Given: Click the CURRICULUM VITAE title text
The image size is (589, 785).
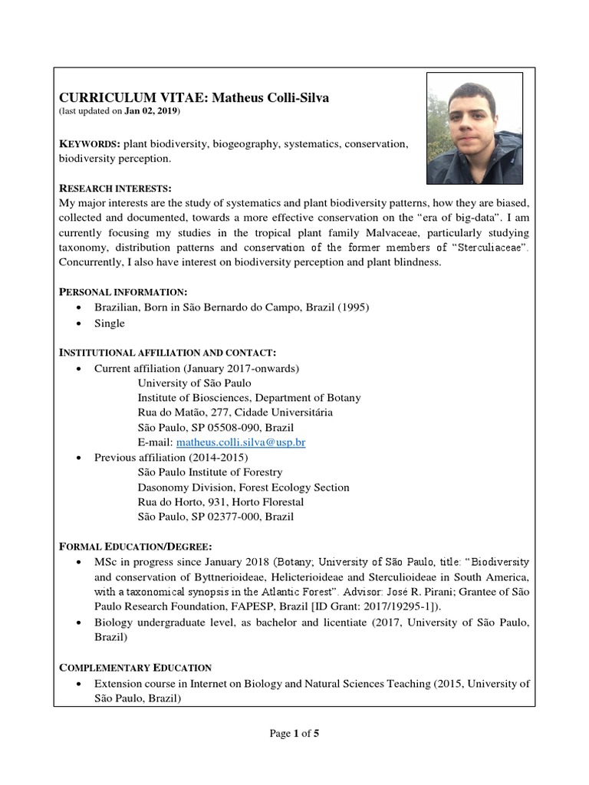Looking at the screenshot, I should point(183,97).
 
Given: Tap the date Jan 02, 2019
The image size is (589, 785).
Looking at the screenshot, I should point(151,111).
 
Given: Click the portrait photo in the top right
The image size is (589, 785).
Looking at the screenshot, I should point(475,128).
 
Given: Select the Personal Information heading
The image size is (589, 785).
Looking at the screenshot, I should point(123,292).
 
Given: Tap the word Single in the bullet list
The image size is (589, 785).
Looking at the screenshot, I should point(109,323).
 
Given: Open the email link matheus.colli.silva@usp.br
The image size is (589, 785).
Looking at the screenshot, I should point(241,442).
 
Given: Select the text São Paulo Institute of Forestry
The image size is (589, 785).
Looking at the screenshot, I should point(209,472).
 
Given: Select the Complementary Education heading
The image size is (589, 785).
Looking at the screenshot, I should point(136,667).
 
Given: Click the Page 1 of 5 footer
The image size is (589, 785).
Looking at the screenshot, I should point(294,734).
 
